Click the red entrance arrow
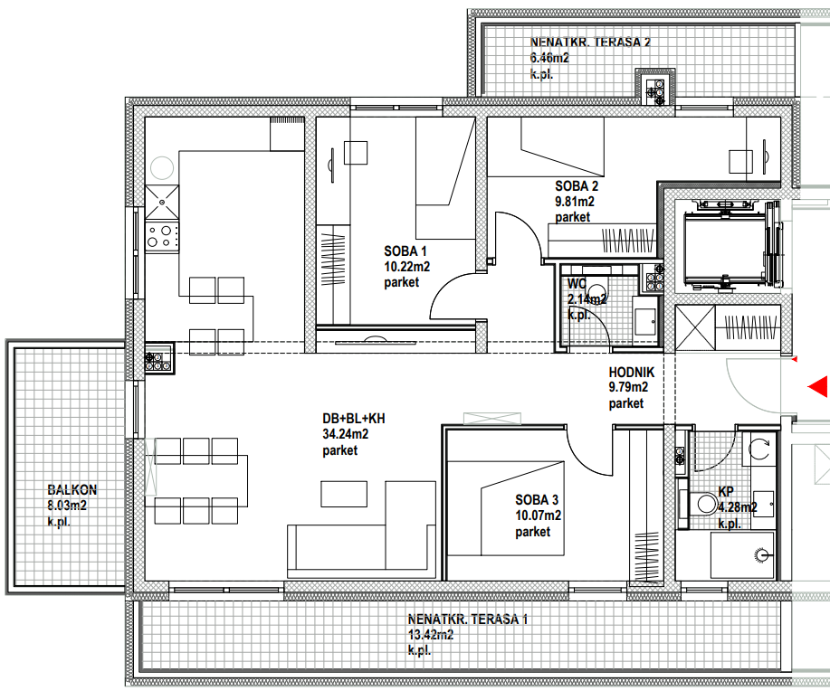(818, 386)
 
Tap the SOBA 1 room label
(405, 251)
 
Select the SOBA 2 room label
(577, 186)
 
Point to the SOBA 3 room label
(537, 500)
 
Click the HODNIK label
(632, 373)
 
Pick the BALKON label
(72, 490)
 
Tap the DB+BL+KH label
(354, 419)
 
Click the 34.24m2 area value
(345, 434)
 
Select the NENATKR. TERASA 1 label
(467, 619)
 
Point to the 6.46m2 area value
(549, 58)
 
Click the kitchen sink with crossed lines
(162, 202)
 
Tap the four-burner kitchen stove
(162, 236)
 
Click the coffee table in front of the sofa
(344, 494)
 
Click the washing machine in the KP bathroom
(760, 449)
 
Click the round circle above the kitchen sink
(162, 167)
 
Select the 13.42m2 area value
(430, 635)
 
